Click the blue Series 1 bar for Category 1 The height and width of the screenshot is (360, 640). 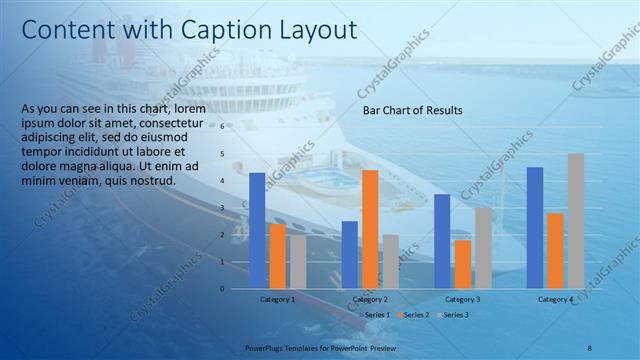coord(257,231)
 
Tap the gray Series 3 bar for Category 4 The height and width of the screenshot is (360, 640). coord(576,221)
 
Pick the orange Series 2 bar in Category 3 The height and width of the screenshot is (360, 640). coord(462,264)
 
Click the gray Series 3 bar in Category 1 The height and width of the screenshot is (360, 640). coord(298,262)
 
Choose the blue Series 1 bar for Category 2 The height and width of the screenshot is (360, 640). coord(349,255)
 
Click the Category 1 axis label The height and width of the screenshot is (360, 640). coord(277,299)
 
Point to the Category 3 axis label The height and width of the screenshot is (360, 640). coord(462,299)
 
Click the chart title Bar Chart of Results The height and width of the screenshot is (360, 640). coord(412,110)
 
